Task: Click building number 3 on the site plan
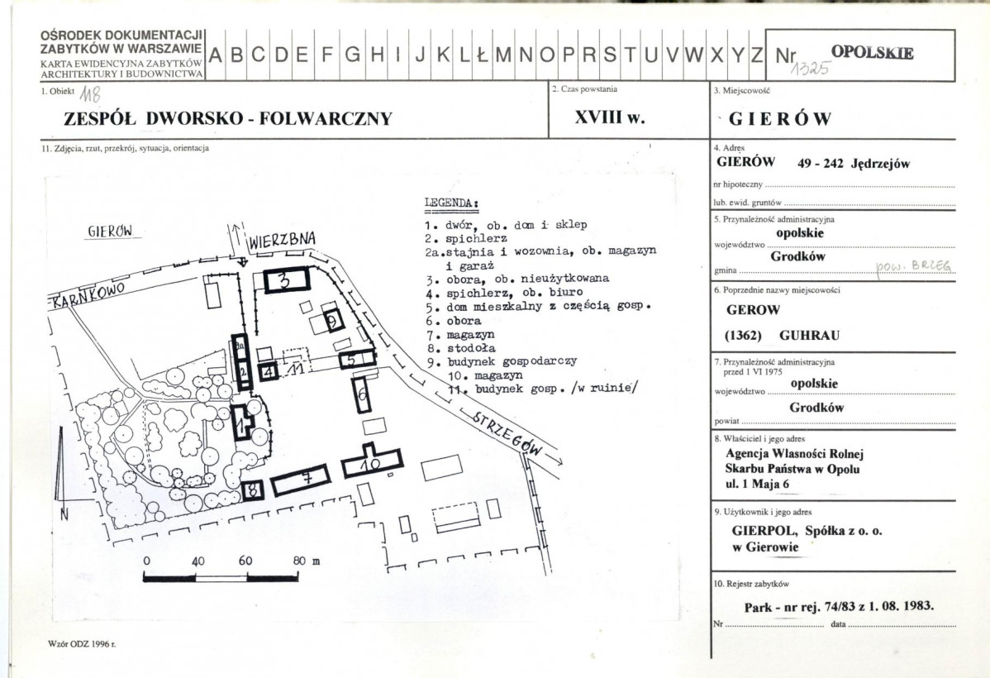tap(286, 280)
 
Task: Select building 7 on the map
tap(301, 480)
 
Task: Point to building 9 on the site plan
tap(333, 320)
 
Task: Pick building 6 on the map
tap(362, 394)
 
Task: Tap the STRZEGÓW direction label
tap(507, 435)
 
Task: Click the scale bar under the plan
tap(221, 576)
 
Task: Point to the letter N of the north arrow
tap(64, 514)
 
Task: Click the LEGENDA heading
tap(451, 203)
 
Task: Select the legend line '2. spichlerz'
tap(466, 239)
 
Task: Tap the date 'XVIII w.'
tap(610, 117)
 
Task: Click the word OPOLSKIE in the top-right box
tap(872, 52)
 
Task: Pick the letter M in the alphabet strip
tap(503, 55)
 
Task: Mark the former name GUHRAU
tap(809, 335)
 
